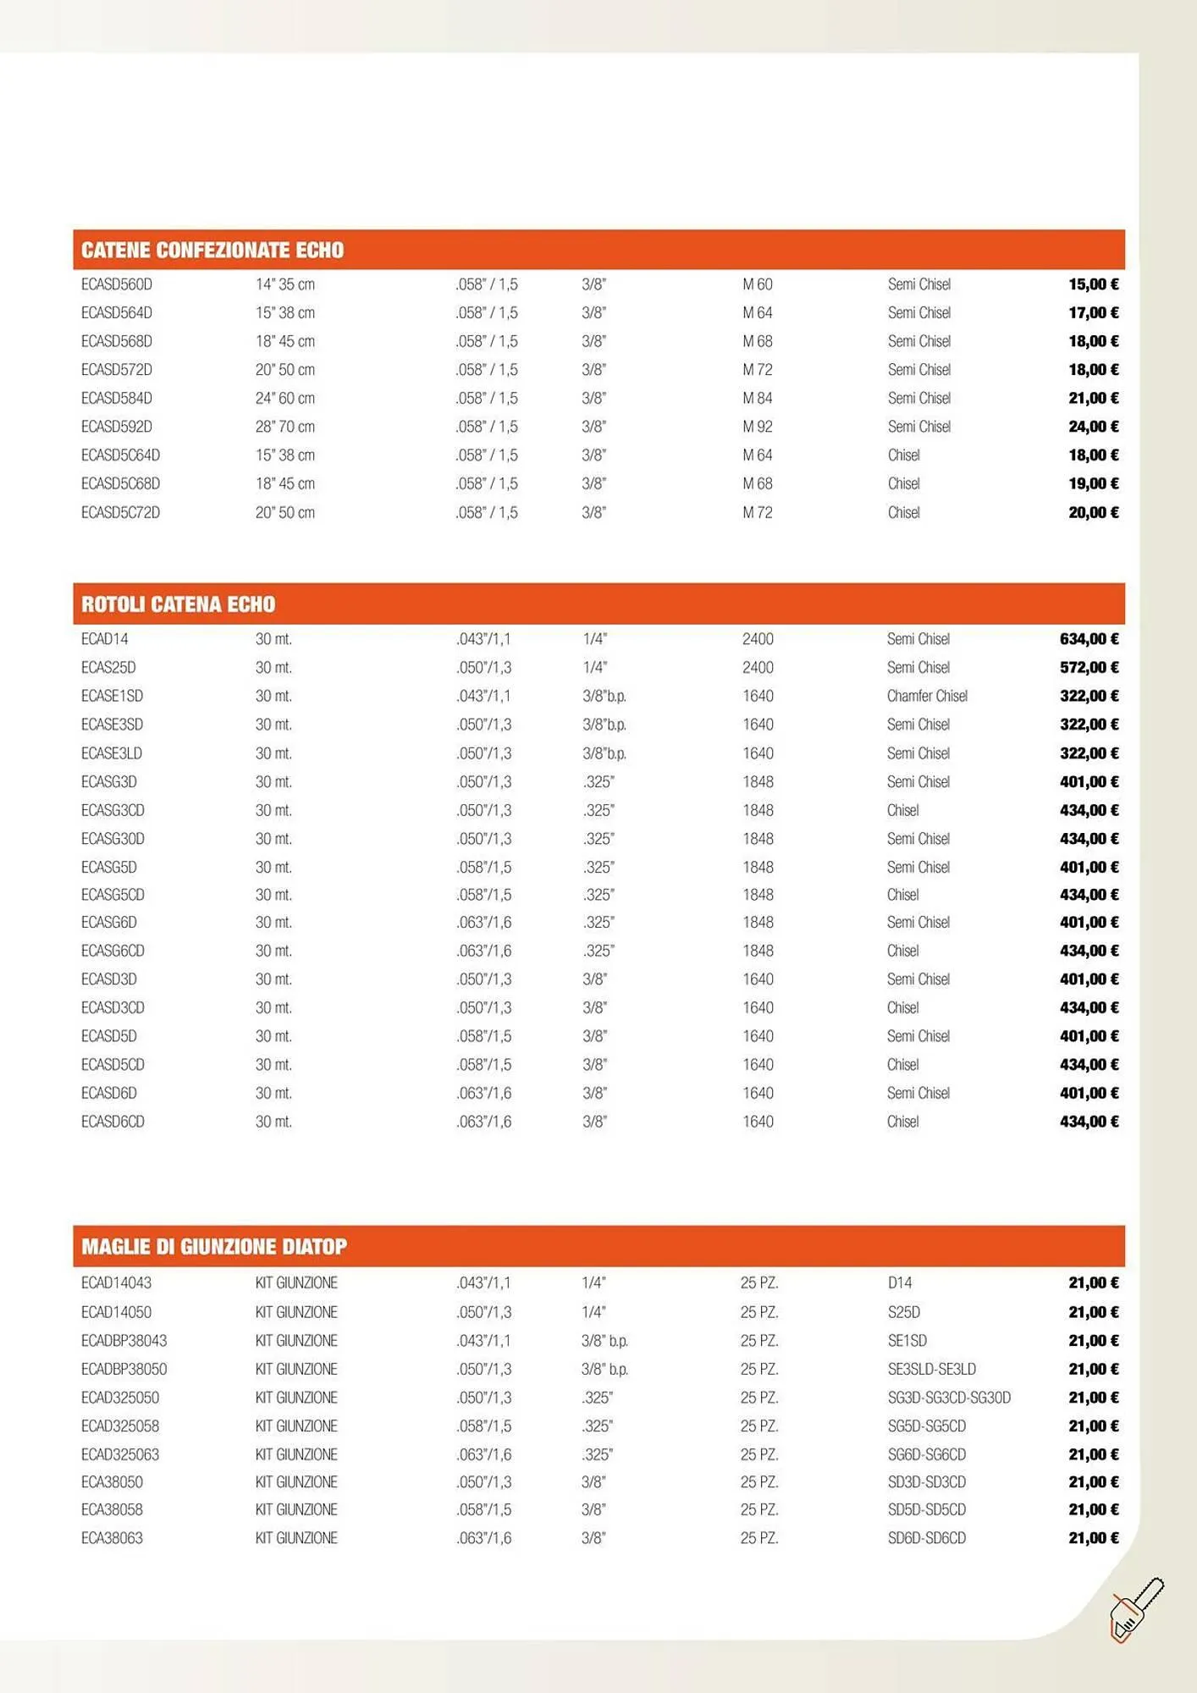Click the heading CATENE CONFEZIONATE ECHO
click(212, 251)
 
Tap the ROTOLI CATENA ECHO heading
click(179, 604)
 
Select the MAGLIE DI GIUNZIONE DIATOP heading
click(214, 1247)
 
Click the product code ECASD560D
click(117, 284)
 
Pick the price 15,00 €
click(1093, 284)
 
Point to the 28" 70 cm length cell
click(285, 427)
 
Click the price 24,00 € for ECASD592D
click(1093, 427)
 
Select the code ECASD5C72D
click(120, 512)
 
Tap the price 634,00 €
click(1089, 639)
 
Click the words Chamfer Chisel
click(927, 696)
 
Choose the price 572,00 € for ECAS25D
click(1089, 667)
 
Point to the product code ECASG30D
click(113, 839)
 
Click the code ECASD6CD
click(113, 1122)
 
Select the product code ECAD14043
click(116, 1283)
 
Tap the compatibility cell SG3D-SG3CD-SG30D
click(949, 1398)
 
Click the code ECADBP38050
click(124, 1369)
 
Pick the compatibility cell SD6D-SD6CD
click(927, 1538)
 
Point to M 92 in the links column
click(758, 427)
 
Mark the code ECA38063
click(112, 1538)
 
